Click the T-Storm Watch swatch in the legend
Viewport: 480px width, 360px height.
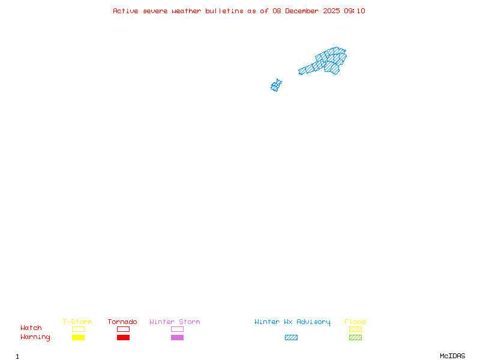(78, 329)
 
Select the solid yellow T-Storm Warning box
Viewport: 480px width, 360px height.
(78, 337)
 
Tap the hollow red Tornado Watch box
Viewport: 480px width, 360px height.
(123, 329)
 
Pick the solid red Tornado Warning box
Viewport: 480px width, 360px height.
(123, 337)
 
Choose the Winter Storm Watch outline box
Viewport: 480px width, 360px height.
(177, 329)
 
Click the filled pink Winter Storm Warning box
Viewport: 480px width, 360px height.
(177, 337)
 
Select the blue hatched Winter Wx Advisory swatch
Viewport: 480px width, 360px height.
(291, 337)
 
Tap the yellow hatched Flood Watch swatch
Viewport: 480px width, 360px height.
(355, 329)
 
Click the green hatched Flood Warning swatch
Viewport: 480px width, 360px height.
(355, 337)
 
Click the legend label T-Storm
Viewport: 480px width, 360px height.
(77, 322)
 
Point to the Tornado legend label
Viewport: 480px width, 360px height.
(122, 322)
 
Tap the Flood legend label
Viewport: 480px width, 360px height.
(355, 322)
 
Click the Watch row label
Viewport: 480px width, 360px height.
(31, 328)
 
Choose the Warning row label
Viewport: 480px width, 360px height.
(35, 337)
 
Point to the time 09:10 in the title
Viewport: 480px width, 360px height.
(354, 11)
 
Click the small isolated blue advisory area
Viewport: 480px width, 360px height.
(276, 86)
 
